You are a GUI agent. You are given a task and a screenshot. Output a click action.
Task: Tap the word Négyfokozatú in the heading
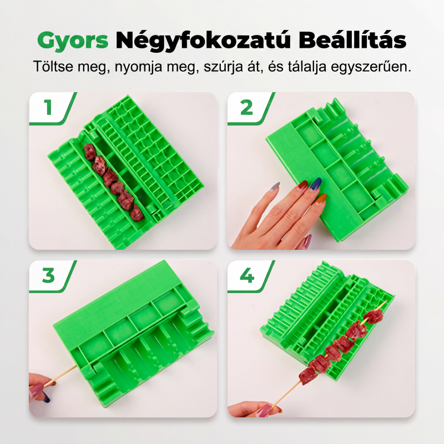203,41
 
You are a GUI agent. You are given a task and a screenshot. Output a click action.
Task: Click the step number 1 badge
48,108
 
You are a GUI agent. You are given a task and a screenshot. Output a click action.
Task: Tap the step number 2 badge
246,108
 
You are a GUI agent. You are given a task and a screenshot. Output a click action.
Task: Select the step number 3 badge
48,275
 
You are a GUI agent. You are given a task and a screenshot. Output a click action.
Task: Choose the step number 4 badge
246,275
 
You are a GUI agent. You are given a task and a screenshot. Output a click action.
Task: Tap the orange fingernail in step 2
322,199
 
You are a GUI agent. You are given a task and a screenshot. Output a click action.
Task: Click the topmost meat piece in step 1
90,152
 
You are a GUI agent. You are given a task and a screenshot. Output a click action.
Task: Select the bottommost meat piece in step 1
138,213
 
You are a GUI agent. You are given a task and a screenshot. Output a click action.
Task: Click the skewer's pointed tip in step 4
386,301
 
